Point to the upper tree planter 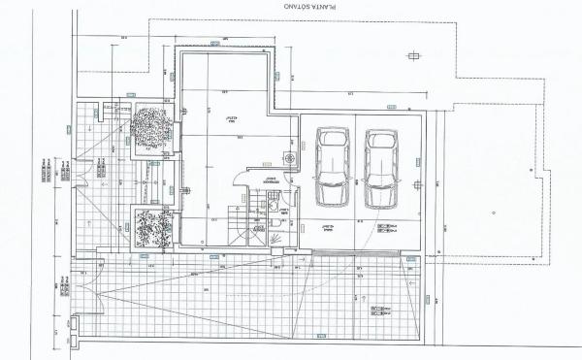pos(153,128)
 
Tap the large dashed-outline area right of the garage pos(490,184)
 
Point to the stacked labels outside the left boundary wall pos(48,170)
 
